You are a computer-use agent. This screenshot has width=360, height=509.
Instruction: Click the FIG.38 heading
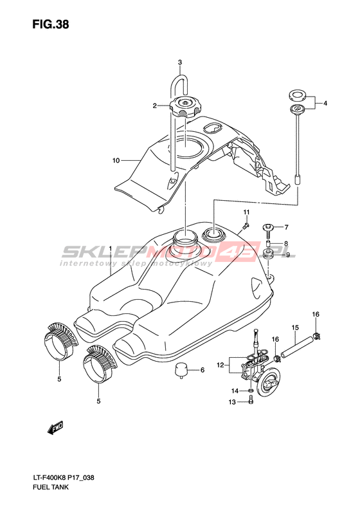click(51, 24)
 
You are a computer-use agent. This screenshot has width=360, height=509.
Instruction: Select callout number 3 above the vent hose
click(180, 62)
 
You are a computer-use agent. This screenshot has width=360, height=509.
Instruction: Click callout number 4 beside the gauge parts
click(325, 103)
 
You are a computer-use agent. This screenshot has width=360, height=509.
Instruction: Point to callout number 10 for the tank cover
click(116, 160)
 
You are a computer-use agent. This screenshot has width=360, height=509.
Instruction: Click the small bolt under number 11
click(246, 225)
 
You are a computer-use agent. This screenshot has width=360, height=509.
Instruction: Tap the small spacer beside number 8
click(269, 244)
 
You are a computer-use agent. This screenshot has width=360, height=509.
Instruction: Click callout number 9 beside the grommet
click(287, 255)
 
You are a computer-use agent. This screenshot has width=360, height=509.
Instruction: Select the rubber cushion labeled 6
click(181, 370)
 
